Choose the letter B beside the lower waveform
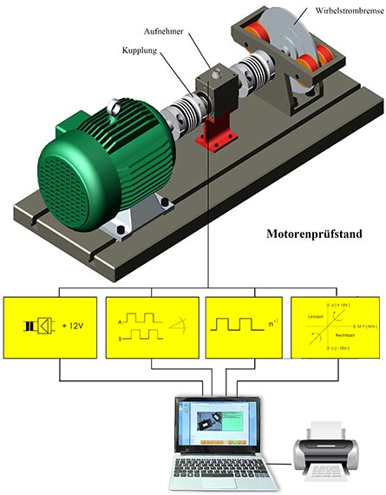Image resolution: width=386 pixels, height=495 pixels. click(x=120, y=340)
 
